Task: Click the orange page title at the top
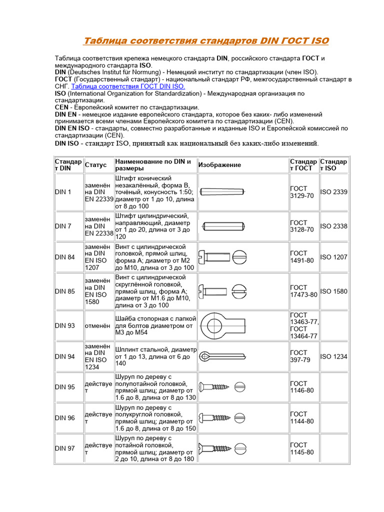[205, 40]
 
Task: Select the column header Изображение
[219, 165]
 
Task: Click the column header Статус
[95, 165]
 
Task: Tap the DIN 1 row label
[63, 192]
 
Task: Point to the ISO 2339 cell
[333, 192]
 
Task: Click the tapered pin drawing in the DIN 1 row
[222, 191]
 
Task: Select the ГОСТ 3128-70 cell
[302, 226]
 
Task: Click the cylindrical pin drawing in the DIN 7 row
[223, 226]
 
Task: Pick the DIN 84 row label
[65, 257]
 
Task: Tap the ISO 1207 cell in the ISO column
[333, 257]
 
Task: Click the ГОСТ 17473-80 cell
[303, 291]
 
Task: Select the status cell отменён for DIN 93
[98, 325]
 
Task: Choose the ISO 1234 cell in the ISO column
[333, 356]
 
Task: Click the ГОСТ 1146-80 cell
[302, 386]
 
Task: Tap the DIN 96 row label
[65, 417]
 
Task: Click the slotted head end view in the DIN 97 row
[240, 448]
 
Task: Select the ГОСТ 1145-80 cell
[302, 448]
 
